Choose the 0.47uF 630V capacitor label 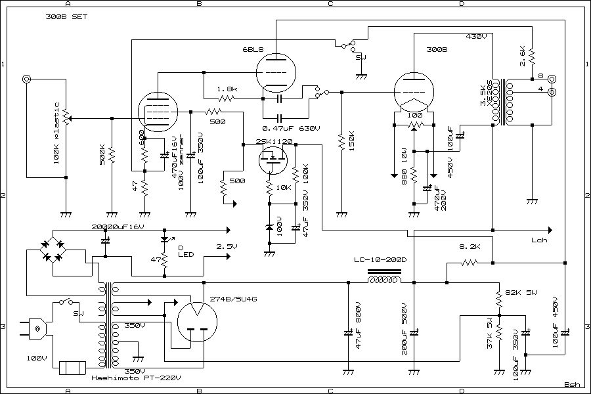click(291, 128)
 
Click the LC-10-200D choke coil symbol click(383, 281)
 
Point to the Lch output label click(539, 240)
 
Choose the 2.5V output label click(227, 246)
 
